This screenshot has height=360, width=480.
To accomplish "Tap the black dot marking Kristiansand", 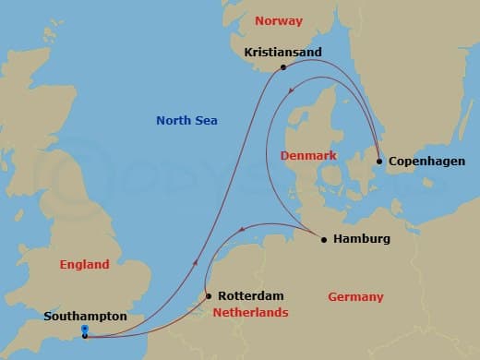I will [x=282, y=67].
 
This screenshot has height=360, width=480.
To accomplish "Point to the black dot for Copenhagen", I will [x=378, y=162].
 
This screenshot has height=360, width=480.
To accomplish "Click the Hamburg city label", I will [x=362, y=239].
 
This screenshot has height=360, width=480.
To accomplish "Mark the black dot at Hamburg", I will [x=323, y=240].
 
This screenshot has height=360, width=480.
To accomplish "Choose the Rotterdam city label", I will [x=250, y=295].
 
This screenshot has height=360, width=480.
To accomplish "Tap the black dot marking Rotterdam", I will [x=209, y=296].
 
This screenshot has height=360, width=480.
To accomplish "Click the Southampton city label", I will [x=85, y=316].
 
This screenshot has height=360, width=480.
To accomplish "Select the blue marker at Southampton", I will [x=84, y=328].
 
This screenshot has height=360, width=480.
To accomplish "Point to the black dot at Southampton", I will [x=84, y=336].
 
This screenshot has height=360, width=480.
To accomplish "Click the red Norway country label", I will [x=278, y=20].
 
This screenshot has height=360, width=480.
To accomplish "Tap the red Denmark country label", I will [x=308, y=155].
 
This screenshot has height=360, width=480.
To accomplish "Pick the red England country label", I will [x=84, y=264].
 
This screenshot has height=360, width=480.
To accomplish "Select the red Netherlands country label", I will [x=251, y=313].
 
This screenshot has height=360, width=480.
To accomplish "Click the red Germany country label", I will [x=355, y=296].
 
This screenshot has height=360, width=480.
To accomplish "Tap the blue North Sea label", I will [x=186, y=120].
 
